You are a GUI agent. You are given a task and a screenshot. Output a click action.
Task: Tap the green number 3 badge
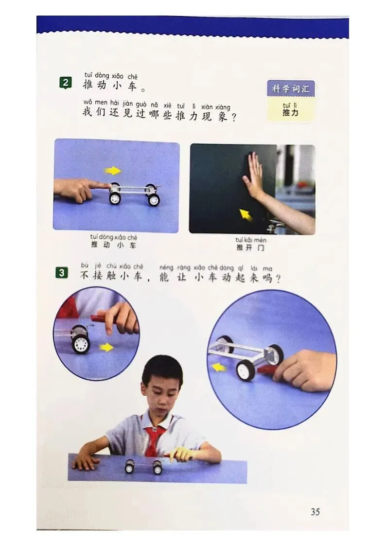[62, 272]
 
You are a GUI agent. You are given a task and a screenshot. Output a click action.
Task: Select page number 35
[315, 511]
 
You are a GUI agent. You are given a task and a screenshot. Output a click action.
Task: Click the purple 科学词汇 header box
[291, 88]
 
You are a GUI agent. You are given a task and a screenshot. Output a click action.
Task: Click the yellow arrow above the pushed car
[112, 171]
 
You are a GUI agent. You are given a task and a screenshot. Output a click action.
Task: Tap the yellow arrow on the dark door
[246, 214]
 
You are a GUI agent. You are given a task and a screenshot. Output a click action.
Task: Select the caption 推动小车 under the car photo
[113, 245]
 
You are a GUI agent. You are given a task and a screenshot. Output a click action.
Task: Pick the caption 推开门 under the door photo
[250, 247]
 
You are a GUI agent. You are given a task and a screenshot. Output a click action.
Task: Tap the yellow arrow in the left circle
[106, 347]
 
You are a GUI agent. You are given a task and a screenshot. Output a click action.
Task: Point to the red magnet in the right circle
[268, 369]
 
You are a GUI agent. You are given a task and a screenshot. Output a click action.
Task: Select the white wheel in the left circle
[81, 343]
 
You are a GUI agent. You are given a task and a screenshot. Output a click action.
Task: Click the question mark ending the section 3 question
[278, 279]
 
